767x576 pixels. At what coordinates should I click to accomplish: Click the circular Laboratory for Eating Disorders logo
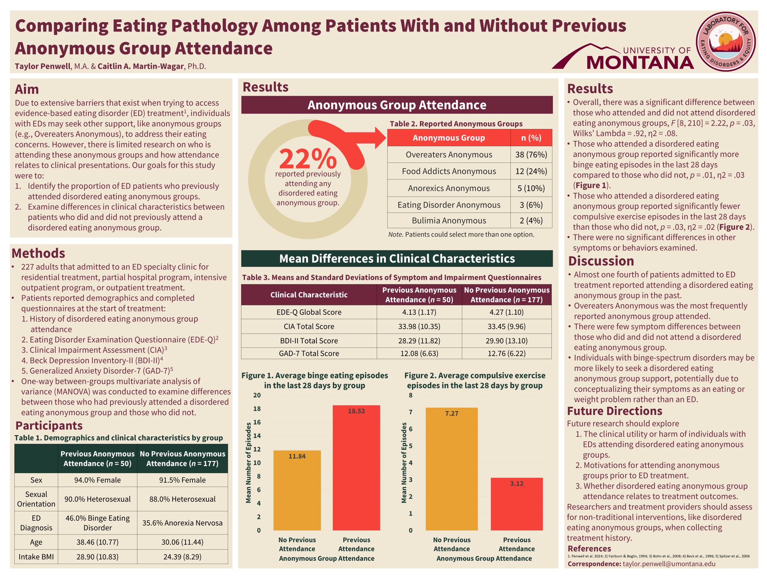click(726, 41)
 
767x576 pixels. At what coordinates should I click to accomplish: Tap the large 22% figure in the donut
click(308, 159)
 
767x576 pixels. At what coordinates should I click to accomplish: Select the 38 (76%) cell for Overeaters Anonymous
click(531, 154)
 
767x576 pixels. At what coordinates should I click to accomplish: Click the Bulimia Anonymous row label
click(449, 220)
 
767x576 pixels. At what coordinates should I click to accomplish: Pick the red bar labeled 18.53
click(356, 468)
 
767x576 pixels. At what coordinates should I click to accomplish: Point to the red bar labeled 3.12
click(517, 504)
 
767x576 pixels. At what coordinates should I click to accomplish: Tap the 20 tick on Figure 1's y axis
click(257, 395)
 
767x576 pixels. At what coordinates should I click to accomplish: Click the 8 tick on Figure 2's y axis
click(411, 395)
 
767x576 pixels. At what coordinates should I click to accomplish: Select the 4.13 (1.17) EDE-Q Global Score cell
click(419, 312)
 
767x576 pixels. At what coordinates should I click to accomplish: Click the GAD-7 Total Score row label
click(309, 353)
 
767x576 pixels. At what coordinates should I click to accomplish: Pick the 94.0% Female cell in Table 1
click(97, 480)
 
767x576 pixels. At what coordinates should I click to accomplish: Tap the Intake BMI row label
click(36, 557)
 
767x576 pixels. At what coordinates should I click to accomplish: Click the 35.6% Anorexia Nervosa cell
click(182, 523)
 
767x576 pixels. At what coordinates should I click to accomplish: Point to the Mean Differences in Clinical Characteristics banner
click(397, 258)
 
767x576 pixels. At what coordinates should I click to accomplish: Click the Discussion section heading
click(601, 261)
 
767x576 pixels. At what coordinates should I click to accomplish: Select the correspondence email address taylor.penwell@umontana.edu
click(669, 564)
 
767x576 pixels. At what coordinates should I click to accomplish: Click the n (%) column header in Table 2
click(531, 138)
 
